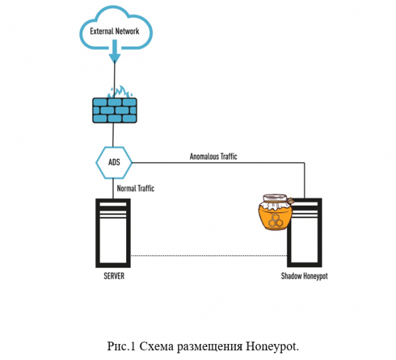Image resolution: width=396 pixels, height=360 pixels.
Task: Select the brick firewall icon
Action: pos(115,109)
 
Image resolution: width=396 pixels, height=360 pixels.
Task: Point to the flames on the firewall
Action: pos(116,93)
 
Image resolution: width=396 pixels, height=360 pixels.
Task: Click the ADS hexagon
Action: pos(114,162)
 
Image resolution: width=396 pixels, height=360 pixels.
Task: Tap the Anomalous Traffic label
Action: pos(213,156)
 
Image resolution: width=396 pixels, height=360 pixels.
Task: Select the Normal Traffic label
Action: pos(135,189)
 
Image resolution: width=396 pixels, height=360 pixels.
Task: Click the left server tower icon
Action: pos(114,233)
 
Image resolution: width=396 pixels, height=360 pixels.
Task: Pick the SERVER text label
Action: pos(114,276)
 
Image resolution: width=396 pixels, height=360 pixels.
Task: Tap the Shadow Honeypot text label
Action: pos(304,276)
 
